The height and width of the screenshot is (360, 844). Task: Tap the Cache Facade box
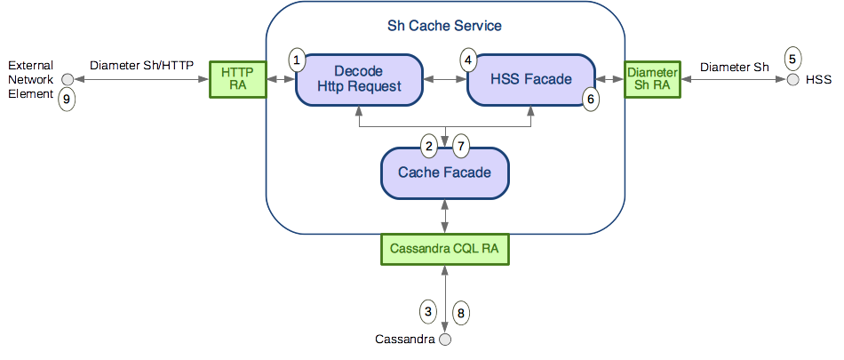click(445, 172)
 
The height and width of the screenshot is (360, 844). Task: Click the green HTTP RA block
click(237, 79)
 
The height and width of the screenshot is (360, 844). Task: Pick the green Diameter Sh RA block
click(653, 79)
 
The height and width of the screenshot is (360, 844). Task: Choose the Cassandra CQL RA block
click(444, 250)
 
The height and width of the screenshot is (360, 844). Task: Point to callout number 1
click(298, 60)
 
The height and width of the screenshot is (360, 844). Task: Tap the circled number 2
click(428, 145)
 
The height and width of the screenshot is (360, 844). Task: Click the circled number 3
click(428, 311)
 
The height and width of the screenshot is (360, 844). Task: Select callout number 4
click(467, 60)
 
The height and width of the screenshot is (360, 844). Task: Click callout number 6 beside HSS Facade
click(591, 100)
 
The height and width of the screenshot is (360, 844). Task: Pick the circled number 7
click(459, 145)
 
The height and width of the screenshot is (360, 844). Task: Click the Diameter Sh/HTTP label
click(141, 65)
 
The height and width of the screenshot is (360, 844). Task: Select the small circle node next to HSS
click(792, 80)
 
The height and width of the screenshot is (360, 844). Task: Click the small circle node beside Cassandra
click(445, 340)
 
